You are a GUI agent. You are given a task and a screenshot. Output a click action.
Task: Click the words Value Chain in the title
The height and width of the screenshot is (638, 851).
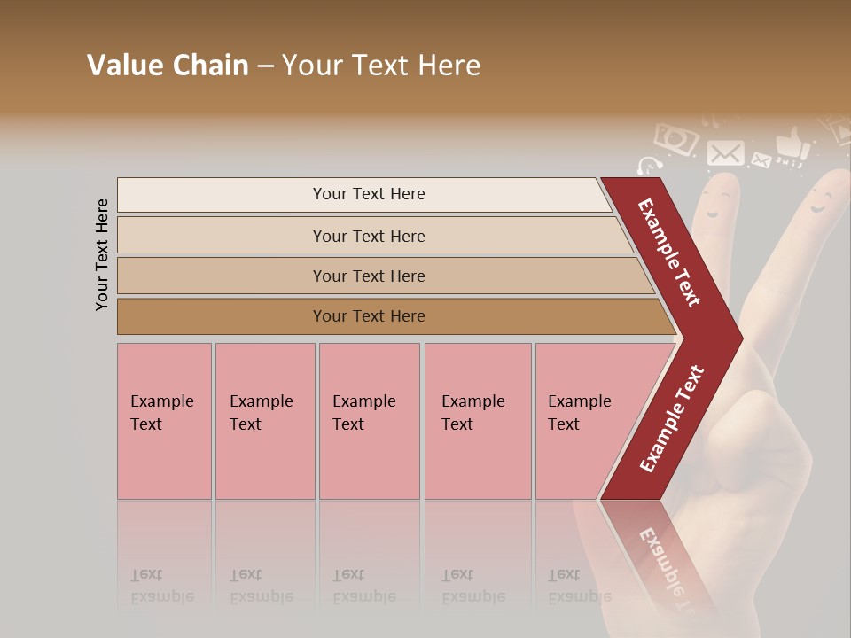(x=168, y=66)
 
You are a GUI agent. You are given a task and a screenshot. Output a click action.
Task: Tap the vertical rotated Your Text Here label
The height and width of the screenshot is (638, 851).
(x=102, y=254)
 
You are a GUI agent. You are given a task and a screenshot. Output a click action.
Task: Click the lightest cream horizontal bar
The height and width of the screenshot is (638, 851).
(x=369, y=194)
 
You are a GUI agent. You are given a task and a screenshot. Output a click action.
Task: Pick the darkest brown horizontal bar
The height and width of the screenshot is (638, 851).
(x=369, y=316)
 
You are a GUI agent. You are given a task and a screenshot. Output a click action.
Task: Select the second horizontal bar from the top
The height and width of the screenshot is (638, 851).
(x=369, y=236)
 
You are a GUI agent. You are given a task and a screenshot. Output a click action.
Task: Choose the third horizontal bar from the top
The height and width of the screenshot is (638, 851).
(x=369, y=276)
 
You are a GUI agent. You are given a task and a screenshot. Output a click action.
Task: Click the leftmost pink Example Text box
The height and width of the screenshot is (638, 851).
(x=164, y=421)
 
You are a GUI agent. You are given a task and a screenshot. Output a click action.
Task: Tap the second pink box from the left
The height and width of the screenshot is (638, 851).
(x=264, y=421)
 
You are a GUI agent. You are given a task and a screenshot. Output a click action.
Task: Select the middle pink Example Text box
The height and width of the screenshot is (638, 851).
(x=369, y=421)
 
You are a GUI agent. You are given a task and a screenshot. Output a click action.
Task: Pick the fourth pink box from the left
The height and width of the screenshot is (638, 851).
(x=478, y=421)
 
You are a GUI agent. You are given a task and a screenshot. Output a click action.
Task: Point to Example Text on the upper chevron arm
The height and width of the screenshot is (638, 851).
(x=669, y=253)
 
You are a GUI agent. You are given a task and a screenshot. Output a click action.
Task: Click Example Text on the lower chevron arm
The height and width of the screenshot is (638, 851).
(x=672, y=419)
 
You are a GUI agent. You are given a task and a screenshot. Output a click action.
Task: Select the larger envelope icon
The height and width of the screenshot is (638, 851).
(x=725, y=152)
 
